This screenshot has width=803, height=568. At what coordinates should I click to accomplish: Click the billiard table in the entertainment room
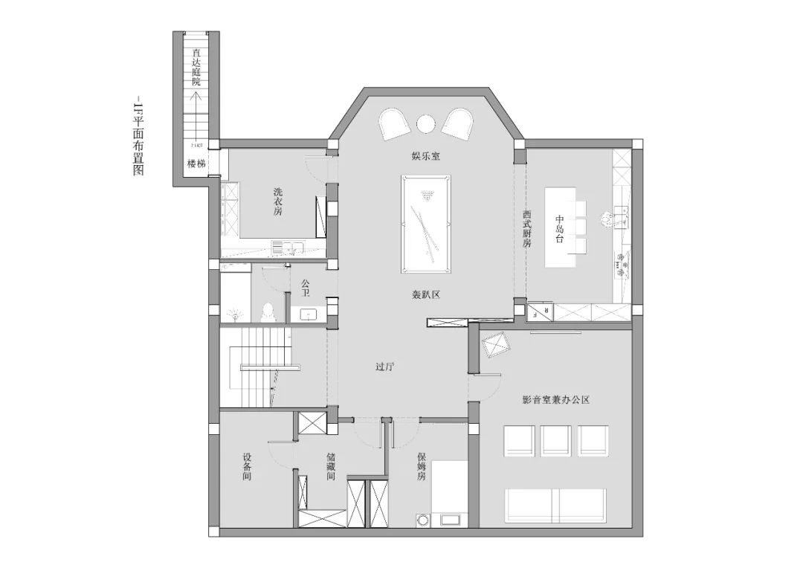(x=425, y=225)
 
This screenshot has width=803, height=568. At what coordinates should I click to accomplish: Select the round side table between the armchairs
(x=426, y=123)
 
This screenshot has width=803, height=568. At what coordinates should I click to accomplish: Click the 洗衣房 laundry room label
(x=278, y=201)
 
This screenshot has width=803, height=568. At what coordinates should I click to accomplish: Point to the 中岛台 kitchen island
(x=561, y=227)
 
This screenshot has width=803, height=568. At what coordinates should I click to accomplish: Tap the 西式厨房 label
(x=526, y=229)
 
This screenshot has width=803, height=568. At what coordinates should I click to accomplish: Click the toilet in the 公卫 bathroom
(x=268, y=311)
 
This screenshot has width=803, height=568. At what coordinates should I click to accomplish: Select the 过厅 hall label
(x=384, y=367)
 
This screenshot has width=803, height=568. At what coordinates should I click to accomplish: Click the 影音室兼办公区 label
(x=556, y=400)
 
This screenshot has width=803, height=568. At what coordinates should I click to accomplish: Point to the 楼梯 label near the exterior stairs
(x=196, y=163)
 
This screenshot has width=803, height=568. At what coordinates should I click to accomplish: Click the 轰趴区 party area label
(x=427, y=294)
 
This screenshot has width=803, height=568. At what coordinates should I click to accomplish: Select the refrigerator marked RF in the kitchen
(x=541, y=312)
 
